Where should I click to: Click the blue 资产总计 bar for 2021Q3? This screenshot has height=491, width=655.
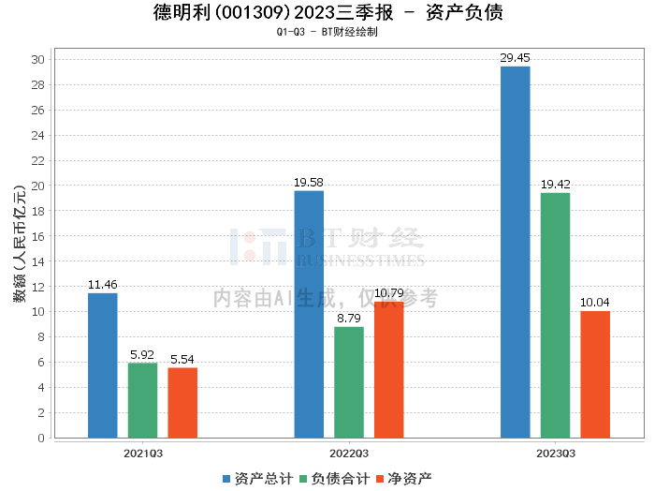[x=103, y=365]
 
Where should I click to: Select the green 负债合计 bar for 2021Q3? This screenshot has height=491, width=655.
[x=143, y=400]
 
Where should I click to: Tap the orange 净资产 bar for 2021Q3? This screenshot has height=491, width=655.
[x=182, y=403]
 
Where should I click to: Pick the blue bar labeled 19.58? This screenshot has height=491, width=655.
[x=309, y=314]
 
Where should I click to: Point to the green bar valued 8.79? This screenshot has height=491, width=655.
[x=349, y=382]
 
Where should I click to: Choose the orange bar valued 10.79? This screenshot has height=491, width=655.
[x=389, y=369]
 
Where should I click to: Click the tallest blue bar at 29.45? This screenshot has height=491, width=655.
[x=516, y=252]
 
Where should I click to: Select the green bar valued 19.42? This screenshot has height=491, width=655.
[x=555, y=315]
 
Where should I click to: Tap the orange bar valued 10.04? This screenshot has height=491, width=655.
[x=595, y=374]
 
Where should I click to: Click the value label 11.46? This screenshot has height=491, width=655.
[x=103, y=284]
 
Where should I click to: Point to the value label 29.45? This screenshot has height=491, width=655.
[x=516, y=57]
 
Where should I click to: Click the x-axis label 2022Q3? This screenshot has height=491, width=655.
[x=349, y=453]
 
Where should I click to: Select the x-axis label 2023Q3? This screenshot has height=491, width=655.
[x=555, y=453]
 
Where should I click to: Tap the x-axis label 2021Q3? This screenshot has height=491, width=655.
[x=143, y=453]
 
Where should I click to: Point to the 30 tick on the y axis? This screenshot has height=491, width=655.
[x=39, y=59]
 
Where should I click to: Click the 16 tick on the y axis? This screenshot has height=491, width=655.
[x=39, y=236]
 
